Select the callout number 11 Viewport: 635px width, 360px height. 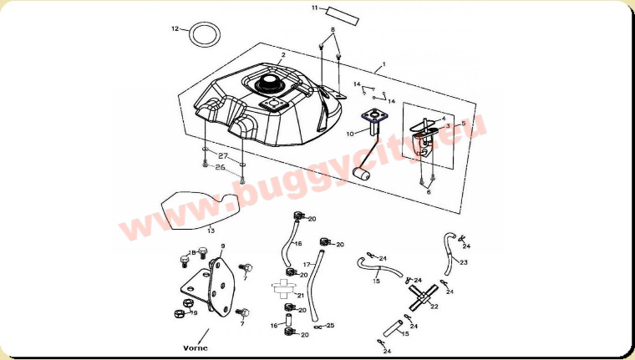315,8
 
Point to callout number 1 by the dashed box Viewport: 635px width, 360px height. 384,64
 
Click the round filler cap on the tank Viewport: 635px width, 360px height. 272,83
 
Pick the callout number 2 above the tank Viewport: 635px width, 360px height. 283,55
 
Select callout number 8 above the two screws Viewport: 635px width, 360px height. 332,30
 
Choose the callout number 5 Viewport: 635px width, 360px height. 464,123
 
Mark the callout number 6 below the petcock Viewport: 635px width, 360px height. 429,191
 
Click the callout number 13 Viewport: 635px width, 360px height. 211,231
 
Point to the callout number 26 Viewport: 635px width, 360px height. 221,167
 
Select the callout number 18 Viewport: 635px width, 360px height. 191,252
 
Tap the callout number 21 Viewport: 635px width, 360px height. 300,296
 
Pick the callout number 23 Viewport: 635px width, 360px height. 464,262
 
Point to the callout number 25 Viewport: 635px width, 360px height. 330,325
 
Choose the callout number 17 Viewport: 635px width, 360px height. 306,264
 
